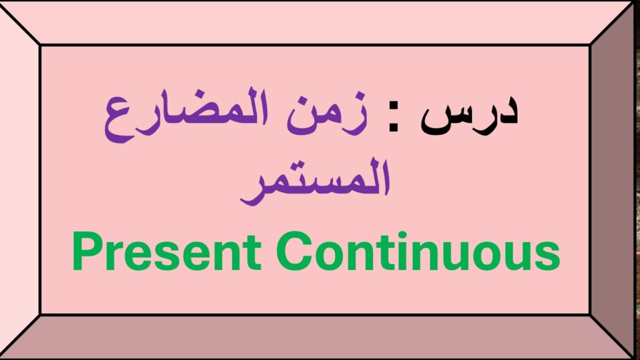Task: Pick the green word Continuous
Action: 419,253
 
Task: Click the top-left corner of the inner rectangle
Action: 41,45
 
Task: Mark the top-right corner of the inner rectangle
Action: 591,45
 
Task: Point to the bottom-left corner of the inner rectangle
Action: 41,314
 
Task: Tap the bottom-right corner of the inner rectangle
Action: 591,314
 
